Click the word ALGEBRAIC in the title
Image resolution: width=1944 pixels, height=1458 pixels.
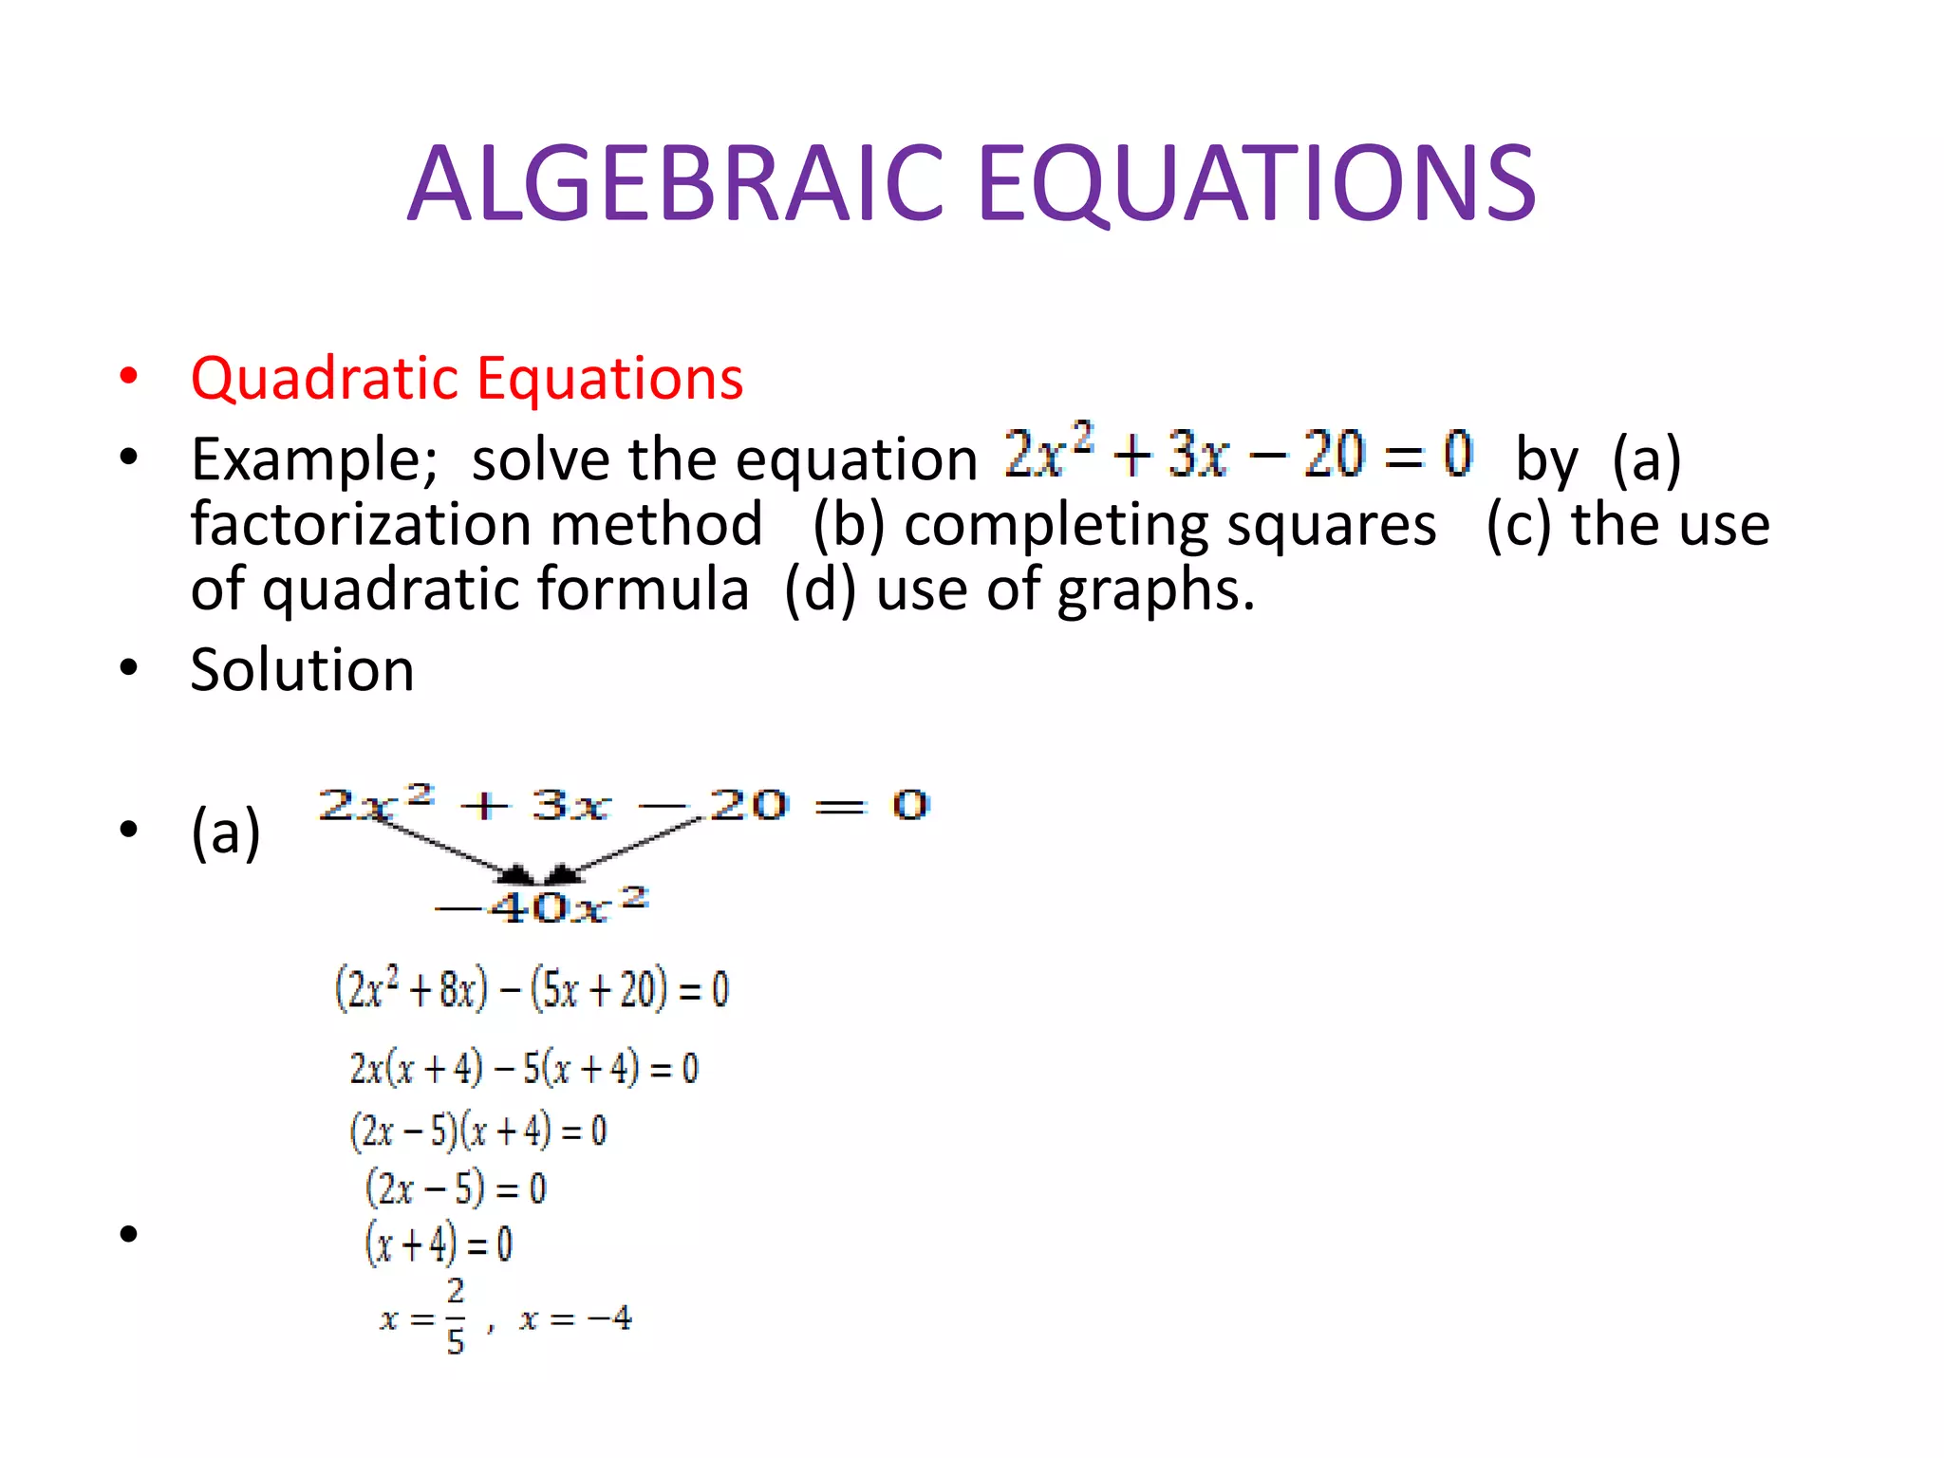(x=675, y=183)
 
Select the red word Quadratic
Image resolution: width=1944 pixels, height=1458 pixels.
(x=327, y=379)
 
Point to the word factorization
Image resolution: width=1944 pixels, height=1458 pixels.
(x=476, y=524)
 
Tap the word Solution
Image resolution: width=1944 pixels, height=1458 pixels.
(x=302, y=670)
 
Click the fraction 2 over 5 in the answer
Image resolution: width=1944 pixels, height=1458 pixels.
(x=456, y=1317)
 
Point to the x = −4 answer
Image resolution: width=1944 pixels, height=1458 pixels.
(x=575, y=1318)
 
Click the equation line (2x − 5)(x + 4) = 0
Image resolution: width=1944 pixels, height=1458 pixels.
(x=478, y=1131)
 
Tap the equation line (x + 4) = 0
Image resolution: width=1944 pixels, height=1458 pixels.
(x=439, y=1244)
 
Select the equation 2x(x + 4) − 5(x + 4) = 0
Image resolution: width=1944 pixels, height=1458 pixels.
(x=524, y=1069)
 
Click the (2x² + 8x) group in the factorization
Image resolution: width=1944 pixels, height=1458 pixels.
(x=412, y=989)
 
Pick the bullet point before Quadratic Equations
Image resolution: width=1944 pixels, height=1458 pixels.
(x=129, y=376)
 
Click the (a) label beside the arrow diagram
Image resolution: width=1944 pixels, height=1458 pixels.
(x=225, y=832)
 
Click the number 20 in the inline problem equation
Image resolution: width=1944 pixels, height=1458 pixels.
(x=1334, y=455)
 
